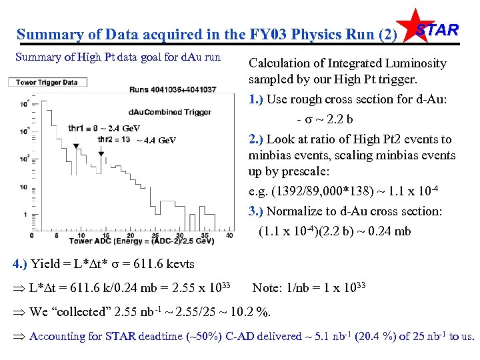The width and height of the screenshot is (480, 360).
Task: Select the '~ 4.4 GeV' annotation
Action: click(156, 140)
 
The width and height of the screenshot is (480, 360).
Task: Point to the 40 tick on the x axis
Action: click(229, 235)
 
